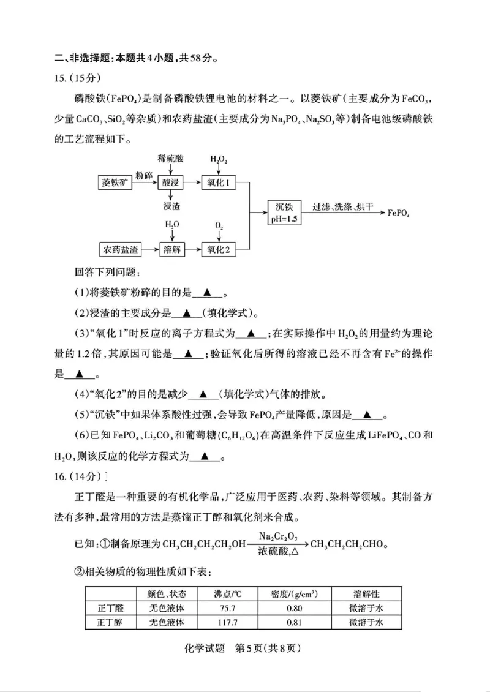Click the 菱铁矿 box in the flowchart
116,182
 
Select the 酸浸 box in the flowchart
171,182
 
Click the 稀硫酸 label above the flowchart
170,159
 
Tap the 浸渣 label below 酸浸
171,206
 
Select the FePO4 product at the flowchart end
399,213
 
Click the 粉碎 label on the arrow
145,176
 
